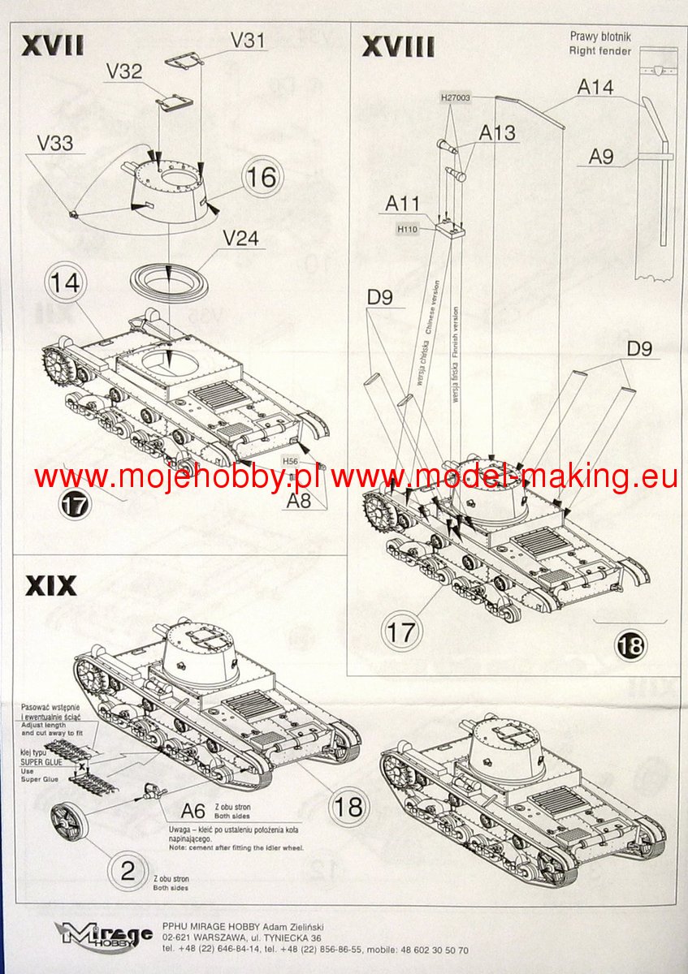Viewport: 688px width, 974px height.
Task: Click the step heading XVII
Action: click(x=52, y=45)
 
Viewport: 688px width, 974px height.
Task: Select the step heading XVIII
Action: click(x=398, y=46)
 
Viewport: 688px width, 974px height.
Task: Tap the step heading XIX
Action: click(x=51, y=584)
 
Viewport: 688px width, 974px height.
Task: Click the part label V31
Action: click(x=248, y=38)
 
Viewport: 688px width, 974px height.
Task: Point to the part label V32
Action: click(x=123, y=71)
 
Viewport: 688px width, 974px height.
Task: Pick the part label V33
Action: click(x=54, y=144)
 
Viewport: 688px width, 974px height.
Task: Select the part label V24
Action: click(x=240, y=239)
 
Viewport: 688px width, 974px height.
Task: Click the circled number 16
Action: click(x=262, y=177)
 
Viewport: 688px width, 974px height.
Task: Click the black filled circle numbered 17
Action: click(x=74, y=504)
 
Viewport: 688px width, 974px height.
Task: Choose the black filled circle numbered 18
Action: click(x=631, y=645)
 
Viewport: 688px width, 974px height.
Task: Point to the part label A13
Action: click(x=497, y=132)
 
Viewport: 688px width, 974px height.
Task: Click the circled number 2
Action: click(x=128, y=871)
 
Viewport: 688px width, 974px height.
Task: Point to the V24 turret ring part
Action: click(x=169, y=281)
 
